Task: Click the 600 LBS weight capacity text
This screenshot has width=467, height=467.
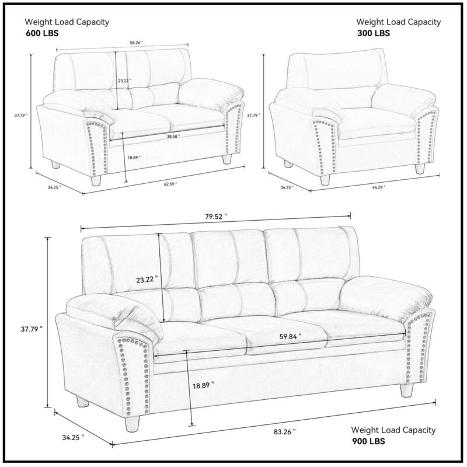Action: click(43, 33)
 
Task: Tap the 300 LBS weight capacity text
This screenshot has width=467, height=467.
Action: click(374, 33)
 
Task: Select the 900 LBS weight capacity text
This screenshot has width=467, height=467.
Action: click(368, 441)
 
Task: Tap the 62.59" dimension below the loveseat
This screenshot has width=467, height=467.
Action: click(170, 184)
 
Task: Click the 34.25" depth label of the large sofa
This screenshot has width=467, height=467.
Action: click(73, 436)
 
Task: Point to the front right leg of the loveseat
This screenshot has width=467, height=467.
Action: click(226, 161)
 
